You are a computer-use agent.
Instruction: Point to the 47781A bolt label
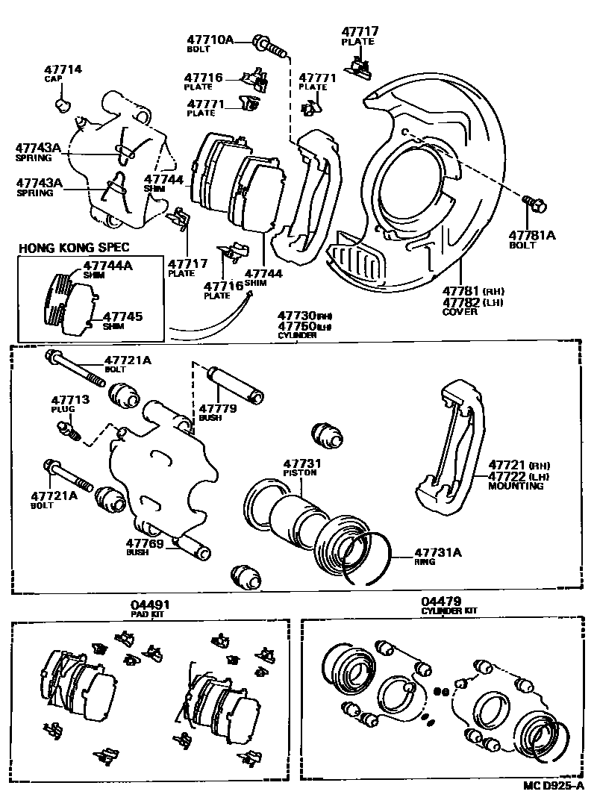(532, 234)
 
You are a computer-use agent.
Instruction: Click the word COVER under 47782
(460, 312)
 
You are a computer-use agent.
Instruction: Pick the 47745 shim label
(122, 316)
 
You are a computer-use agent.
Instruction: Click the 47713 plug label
(70, 400)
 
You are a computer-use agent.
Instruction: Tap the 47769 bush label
(144, 543)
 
